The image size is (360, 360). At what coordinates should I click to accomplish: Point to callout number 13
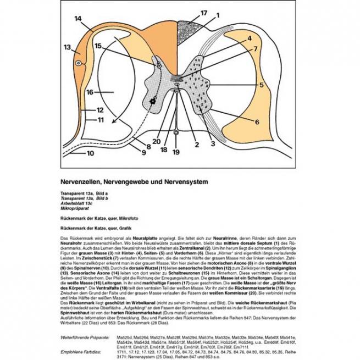(68, 47)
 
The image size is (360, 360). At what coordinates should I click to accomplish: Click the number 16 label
(91, 92)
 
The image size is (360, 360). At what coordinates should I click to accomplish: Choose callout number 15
(98, 47)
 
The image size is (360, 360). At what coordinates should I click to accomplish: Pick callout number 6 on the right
(256, 121)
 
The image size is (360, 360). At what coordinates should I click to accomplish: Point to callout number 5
(261, 85)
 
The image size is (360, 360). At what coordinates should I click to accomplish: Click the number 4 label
(249, 38)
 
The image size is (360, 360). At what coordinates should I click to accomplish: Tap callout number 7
(255, 49)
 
